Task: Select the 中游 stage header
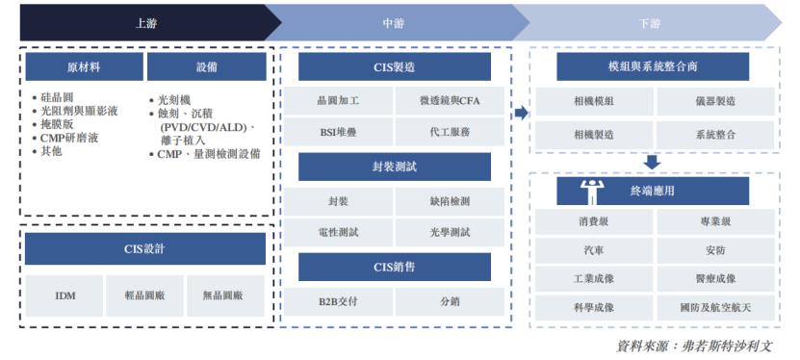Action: tap(392, 21)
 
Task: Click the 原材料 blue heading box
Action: tap(84, 66)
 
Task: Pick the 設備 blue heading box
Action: tap(206, 66)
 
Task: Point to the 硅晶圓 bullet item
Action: tap(58, 98)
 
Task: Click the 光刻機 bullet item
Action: tap(179, 99)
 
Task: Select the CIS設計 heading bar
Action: tap(145, 248)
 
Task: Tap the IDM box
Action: tap(65, 296)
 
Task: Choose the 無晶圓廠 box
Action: tap(225, 296)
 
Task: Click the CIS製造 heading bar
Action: tap(394, 66)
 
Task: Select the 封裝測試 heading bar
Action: tap(394, 167)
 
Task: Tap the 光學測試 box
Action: tap(450, 232)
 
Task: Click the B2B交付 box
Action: tap(338, 301)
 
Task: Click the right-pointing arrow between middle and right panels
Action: tap(521, 113)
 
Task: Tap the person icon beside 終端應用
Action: tap(591, 191)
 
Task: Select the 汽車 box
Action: tap(593, 249)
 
